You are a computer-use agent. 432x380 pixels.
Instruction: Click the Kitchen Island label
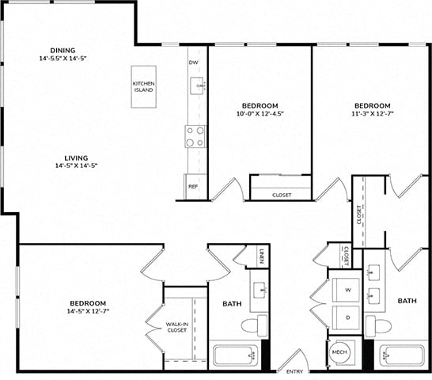(143, 86)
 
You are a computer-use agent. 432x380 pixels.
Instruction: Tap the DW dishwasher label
(193, 63)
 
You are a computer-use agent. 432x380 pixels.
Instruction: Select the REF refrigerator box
(195, 186)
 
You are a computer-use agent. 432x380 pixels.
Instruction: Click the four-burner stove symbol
(195, 136)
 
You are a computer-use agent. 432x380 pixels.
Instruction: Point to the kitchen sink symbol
(197, 85)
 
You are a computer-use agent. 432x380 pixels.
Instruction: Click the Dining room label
(63, 51)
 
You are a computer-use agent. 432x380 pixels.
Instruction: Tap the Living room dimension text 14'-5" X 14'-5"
(76, 165)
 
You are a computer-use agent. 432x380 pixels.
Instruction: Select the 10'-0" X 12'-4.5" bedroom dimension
(260, 113)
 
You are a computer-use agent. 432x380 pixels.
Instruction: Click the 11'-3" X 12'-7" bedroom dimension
(373, 113)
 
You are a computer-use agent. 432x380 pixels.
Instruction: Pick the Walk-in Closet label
(177, 327)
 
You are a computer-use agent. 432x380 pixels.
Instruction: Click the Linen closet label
(262, 256)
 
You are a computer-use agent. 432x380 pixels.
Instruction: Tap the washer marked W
(346, 290)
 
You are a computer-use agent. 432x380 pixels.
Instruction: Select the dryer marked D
(346, 317)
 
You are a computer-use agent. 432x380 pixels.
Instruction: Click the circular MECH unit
(339, 352)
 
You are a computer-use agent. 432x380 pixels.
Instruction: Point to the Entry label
(294, 371)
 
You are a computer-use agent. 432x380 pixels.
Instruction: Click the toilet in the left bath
(255, 325)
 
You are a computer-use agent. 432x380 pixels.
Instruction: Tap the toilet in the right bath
(378, 326)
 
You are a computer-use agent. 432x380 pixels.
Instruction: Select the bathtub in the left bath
(235, 355)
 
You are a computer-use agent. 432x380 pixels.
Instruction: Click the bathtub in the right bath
(402, 355)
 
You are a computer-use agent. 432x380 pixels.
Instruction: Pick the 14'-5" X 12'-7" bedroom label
(88, 307)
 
